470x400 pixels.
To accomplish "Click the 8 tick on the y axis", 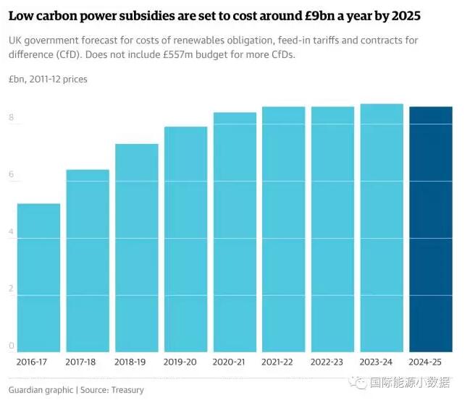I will (11, 117).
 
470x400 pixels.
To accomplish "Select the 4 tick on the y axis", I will (11, 231).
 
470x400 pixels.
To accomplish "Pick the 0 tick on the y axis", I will (11, 346).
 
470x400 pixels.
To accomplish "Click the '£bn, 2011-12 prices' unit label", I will (48, 79).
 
